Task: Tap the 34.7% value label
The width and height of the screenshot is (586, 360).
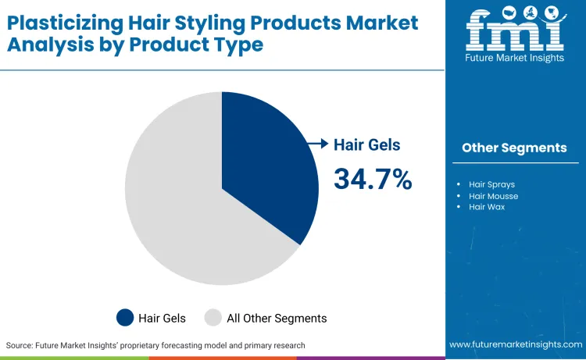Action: pyautogui.click(x=373, y=179)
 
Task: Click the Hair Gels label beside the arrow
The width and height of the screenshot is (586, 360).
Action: pyautogui.click(x=366, y=144)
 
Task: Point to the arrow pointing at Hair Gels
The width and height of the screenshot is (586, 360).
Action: pyautogui.click(x=316, y=144)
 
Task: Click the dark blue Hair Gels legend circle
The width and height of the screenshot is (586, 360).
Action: pyautogui.click(x=125, y=318)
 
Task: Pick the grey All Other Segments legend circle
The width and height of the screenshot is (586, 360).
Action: pyautogui.click(x=213, y=318)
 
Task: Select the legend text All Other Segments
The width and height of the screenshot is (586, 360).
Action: pyautogui.click(x=277, y=318)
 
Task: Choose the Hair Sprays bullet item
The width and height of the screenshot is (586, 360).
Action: pyautogui.click(x=491, y=185)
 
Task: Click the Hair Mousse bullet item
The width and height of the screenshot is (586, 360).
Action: pyautogui.click(x=493, y=196)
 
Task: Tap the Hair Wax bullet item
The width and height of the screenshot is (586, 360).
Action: pyautogui.click(x=488, y=207)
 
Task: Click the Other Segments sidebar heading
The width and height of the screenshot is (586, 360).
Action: pyautogui.click(x=514, y=148)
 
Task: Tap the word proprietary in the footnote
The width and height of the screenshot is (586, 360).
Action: pyautogui.click(x=173, y=345)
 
